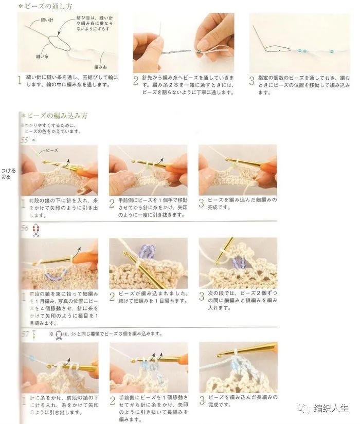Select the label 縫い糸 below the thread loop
[x=43, y=55]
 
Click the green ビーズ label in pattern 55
[x=52, y=151]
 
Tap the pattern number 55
[x=24, y=139]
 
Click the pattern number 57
[x=24, y=334]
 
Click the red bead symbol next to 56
[x=35, y=229]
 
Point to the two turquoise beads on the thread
[x=301, y=52]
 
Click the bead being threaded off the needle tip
[x=199, y=51]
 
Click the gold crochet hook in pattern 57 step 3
[x=247, y=351]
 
